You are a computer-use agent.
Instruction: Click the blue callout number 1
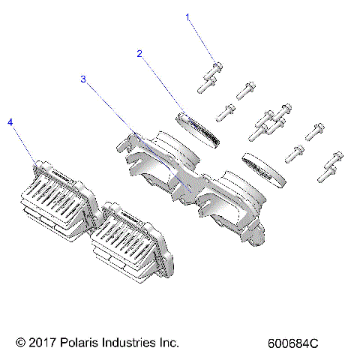(188, 16)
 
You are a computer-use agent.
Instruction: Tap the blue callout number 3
(83, 78)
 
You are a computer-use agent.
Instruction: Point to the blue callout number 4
(10, 121)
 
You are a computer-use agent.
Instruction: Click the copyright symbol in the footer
(19, 343)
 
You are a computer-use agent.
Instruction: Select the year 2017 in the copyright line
(43, 343)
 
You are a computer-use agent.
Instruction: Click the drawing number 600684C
(293, 343)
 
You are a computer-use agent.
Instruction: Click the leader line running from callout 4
(23, 143)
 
